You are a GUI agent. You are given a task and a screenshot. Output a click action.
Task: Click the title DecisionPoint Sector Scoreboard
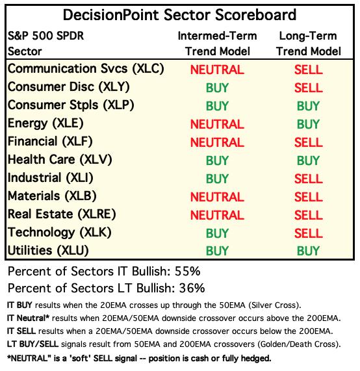point(179,15)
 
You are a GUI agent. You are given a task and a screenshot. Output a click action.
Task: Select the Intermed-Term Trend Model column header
point(217,44)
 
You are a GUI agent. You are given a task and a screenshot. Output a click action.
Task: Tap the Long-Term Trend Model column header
point(309,44)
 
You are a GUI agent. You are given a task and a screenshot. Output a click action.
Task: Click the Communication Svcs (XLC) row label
point(86,69)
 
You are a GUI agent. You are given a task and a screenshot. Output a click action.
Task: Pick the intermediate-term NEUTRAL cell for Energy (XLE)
point(217,124)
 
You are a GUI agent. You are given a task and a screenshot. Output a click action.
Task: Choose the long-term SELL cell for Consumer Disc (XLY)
point(309,88)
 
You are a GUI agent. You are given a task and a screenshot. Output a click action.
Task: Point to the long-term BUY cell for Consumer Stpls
point(309,106)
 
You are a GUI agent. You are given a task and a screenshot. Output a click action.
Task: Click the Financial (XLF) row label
point(50,142)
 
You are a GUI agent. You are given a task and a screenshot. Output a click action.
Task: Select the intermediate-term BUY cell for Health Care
point(217,160)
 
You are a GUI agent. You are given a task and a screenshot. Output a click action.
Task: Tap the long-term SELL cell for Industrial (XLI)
point(309,179)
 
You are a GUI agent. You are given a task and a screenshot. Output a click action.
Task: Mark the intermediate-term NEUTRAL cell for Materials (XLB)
point(217,197)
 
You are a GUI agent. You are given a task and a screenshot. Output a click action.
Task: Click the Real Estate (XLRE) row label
point(62,214)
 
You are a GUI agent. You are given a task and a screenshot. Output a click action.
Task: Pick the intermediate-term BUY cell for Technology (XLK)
point(217,233)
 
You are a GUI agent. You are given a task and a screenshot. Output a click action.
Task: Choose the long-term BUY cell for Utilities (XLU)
point(309,251)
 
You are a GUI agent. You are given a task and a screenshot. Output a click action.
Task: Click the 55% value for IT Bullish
point(187,272)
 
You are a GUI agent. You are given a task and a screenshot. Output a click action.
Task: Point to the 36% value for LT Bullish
point(192,288)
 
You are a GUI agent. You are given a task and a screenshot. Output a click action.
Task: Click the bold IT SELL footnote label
point(21,331)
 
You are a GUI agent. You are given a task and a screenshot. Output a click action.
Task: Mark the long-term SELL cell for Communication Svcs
point(309,70)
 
